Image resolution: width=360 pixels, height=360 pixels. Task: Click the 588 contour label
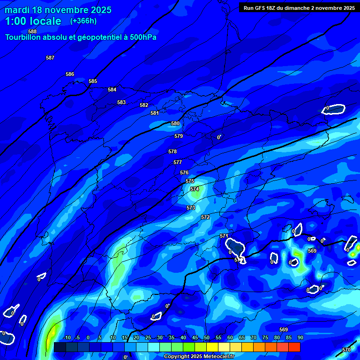32,31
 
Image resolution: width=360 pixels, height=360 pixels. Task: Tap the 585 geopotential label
93,81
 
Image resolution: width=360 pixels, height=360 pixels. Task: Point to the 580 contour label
175,123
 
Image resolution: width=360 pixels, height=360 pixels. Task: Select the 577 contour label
178,162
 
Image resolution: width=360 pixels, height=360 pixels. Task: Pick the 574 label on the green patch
195,189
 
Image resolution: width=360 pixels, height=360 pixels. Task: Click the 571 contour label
224,236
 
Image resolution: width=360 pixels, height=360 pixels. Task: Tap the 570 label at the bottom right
346,350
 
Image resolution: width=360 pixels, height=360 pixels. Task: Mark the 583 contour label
121,102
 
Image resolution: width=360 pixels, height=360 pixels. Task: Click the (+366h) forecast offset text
83,21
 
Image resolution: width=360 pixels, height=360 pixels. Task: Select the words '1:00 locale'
33,21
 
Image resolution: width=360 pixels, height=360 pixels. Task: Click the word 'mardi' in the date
17,9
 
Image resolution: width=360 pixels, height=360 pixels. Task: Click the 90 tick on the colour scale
300,337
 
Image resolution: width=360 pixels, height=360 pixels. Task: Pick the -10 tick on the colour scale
67,337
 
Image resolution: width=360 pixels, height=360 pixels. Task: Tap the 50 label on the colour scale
206,337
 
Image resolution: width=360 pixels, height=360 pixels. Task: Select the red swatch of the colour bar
294,347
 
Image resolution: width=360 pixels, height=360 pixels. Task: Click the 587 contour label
50,58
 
